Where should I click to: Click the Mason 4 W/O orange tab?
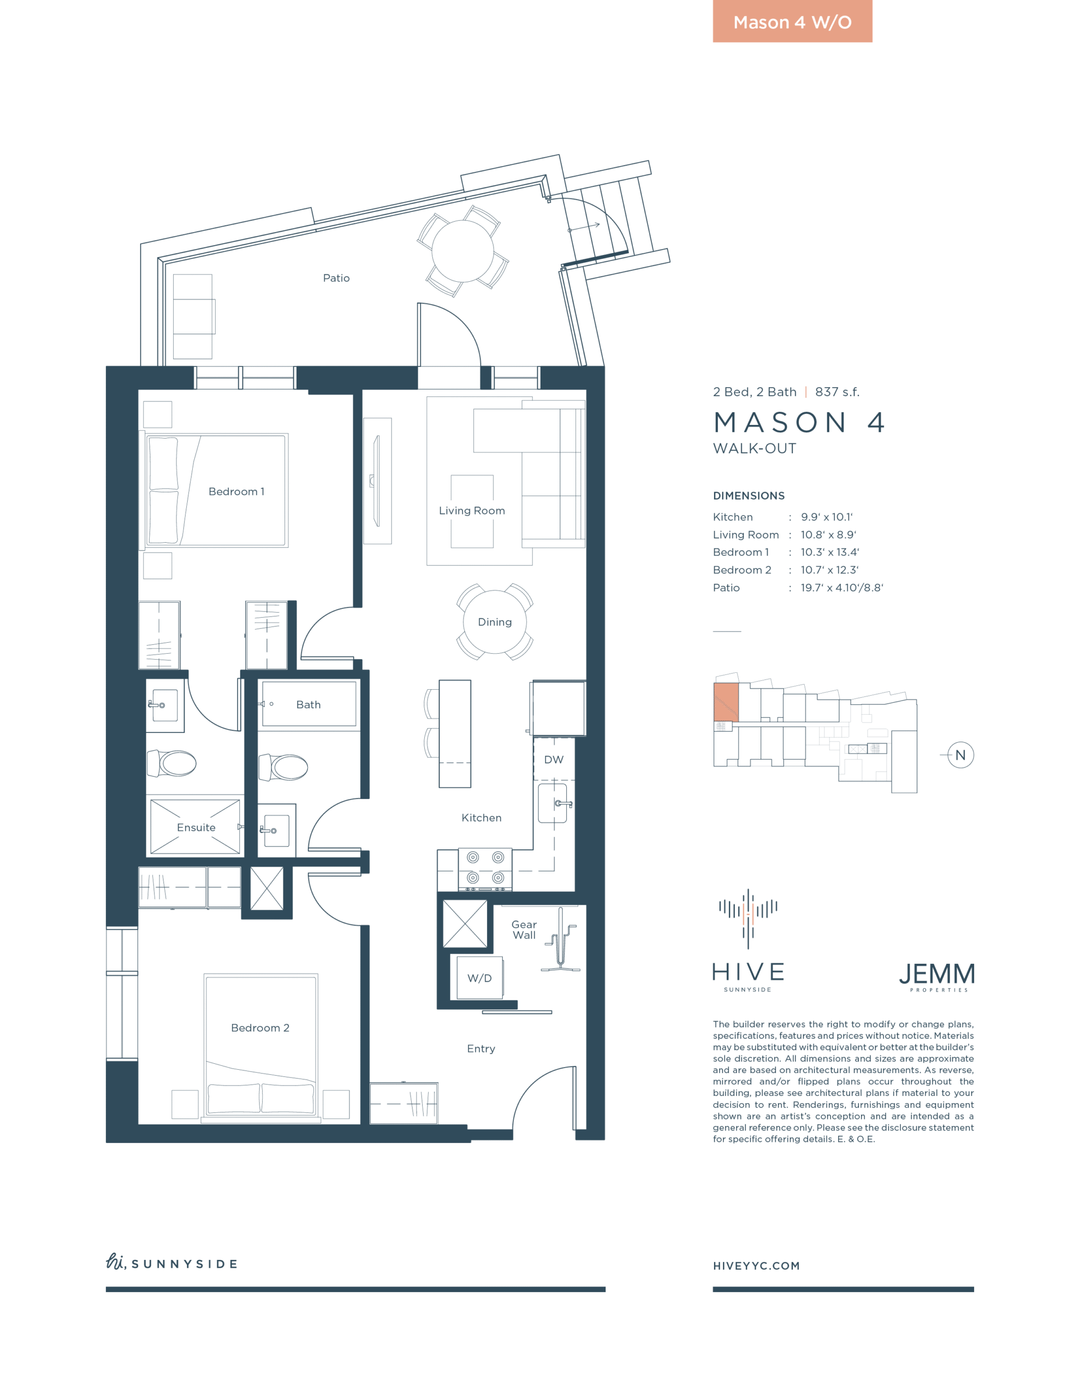(792, 21)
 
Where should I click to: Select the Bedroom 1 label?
(236, 491)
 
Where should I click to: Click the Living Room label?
(472, 511)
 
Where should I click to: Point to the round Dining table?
(495, 621)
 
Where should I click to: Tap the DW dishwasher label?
(554, 760)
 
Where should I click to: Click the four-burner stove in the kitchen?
(485, 869)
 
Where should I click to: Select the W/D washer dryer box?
(479, 978)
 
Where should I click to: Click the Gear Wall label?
(524, 929)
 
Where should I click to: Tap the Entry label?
(481, 1048)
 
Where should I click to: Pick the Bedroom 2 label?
(260, 1027)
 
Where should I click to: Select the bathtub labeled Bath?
(309, 704)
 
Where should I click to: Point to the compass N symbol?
(960, 755)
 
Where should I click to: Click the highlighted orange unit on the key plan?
(726, 702)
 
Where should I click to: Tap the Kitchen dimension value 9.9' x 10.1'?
(827, 517)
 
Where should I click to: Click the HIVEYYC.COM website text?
(756, 1265)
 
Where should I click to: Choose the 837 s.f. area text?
(838, 392)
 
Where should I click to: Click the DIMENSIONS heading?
(749, 495)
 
